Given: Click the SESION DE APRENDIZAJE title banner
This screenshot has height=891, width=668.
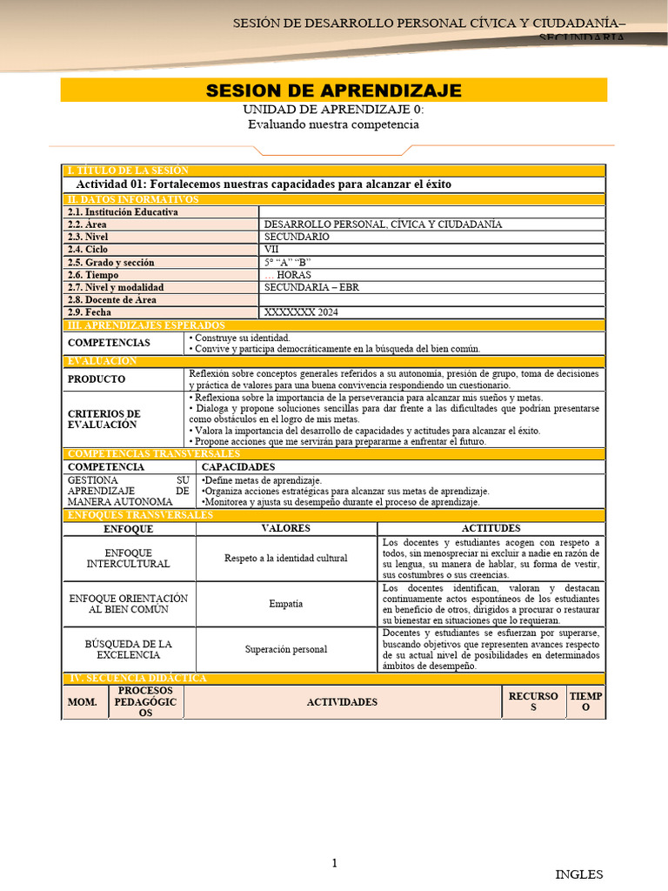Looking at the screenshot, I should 333,91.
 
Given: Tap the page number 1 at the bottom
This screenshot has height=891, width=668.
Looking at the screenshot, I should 333,862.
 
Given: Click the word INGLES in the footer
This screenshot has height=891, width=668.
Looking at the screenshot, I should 579,874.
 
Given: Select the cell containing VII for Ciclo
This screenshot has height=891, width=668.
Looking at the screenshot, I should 431,249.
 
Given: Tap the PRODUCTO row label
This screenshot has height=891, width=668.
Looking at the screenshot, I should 97,379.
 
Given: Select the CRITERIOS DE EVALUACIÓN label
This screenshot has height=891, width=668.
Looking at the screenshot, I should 104,419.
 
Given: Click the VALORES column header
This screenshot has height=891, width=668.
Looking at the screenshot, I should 285,528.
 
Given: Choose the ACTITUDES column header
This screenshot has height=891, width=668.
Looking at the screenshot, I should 491,528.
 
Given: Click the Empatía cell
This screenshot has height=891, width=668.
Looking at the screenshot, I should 285,603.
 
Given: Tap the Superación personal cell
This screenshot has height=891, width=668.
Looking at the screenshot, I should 285,649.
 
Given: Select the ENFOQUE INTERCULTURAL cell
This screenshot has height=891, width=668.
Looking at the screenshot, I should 129,558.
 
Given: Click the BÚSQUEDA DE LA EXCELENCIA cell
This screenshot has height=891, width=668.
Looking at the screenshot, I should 129,649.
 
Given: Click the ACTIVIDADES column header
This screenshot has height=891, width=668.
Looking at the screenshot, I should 342,702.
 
